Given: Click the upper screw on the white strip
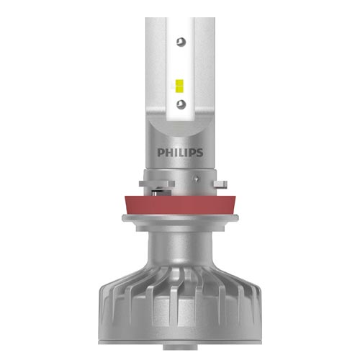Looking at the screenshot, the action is pos(181,42).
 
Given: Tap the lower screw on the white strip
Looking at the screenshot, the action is pos(181,104).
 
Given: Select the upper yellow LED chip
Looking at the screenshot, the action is pos(179,82).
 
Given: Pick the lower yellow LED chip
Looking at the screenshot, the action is pos(179,89).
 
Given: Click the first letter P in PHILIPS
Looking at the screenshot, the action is pos(161,153).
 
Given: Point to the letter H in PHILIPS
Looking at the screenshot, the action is pos(169,153).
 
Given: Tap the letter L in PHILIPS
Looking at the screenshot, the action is pos(181,153).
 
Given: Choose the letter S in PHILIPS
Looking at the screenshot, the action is pos(199,153).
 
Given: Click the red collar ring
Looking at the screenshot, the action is pos(180,205).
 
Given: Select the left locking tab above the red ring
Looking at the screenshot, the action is pos(157,184).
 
